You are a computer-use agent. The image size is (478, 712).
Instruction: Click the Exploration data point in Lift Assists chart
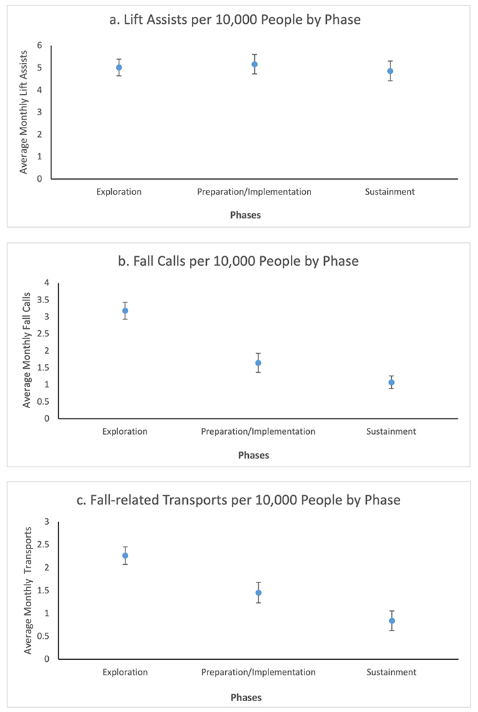[x=119, y=67]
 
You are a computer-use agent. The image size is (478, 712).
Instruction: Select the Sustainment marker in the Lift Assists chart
[x=390, y=71]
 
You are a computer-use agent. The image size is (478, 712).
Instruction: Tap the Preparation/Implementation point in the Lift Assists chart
[x=254, y=64]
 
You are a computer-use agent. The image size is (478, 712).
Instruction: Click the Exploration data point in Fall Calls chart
[x=125, y=311]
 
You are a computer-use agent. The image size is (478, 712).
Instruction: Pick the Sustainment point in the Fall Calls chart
[x=391, y=382]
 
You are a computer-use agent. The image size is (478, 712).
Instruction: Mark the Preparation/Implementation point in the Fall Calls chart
[x=258, y=363]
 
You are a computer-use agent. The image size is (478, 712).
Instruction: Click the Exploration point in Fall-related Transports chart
[x=125, y=555]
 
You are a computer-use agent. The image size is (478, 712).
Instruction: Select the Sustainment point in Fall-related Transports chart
[x=391, y=620]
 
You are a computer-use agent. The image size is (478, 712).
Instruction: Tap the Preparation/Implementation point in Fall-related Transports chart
[x=258, y=593]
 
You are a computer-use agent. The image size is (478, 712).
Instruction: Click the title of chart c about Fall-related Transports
[x=239, y=500]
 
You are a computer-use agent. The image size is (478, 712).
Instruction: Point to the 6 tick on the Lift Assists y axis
[x=40, y=45]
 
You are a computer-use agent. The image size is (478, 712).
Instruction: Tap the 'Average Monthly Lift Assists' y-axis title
[x=24, y=111]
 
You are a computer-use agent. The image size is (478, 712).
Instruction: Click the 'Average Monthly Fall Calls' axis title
[x=26, y=351]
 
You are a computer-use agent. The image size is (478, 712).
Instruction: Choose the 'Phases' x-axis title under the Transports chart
[x=245, y=697]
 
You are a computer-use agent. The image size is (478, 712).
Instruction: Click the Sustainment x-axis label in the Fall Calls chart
[x=391, y=431]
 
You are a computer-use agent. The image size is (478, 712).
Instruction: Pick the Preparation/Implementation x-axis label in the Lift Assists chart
[x=254, y=192]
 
